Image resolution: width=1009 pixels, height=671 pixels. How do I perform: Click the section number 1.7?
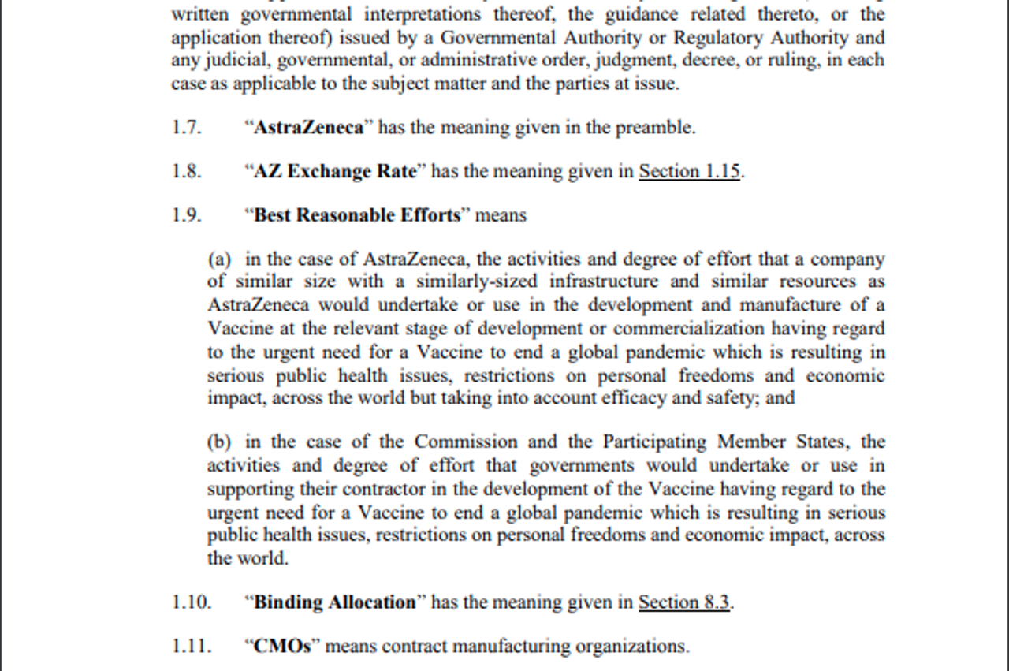pyautogui.click(x=186, y=128)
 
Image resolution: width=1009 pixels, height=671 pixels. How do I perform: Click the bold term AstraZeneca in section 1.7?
pyautogui.click(x=308, y=128)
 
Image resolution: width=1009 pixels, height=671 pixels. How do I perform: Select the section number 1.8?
pyautogui.click(x=186, y=172)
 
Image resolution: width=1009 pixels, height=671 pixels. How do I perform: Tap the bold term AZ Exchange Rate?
pyautogui.click(x=334, y=172)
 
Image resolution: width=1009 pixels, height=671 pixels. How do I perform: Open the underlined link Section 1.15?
pyautogui.click(x=689, y=172)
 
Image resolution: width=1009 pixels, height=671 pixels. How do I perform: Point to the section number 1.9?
pyautogui.click(x=186, y=215)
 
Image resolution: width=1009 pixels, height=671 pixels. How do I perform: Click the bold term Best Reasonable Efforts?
pyautogui.click(x=356, y=215)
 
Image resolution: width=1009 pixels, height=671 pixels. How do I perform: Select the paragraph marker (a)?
pyautogui.click(x=219, y=259)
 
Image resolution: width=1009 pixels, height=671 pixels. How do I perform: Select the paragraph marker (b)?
pyautogui.click(x=219, y=442)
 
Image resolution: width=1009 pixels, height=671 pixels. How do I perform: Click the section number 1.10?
pyautogui.click(x=192, y=602)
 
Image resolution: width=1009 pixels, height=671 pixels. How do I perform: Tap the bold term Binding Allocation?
pyautogui.click(x=334, y=602)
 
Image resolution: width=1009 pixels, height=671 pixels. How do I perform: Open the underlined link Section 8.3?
pyautogui.click(x=683, y=602)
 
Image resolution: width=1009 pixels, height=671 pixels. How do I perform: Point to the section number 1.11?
pyautogui.click(x=192, y=647)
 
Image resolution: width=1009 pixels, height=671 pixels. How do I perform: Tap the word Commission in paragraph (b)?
pyautogui.click(x=466, y=442)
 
